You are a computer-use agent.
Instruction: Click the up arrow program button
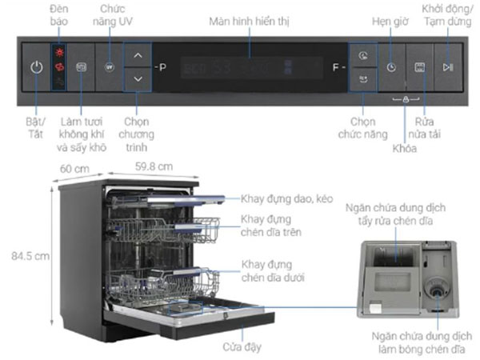[x=138, y=56]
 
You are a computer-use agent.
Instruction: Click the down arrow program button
[x=138, y=78]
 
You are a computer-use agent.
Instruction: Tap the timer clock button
[x=390, y=67]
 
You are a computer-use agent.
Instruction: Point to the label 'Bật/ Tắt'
[x=34, y=127]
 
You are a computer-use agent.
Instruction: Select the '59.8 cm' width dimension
[x=153, y=166]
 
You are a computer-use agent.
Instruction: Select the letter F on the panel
[x=336, y=67]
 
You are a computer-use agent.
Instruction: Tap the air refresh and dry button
[x=81, y=67]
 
